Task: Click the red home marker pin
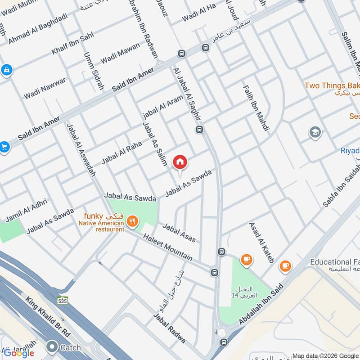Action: click(180, 162)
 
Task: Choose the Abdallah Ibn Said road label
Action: click(257, 310)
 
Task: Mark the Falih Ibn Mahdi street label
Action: click(256, 108)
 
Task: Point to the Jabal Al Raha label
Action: click(121, 153)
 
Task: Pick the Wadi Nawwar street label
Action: click(45, 88)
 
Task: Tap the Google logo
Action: click(19, 353)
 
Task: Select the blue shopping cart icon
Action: click(4, 147)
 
